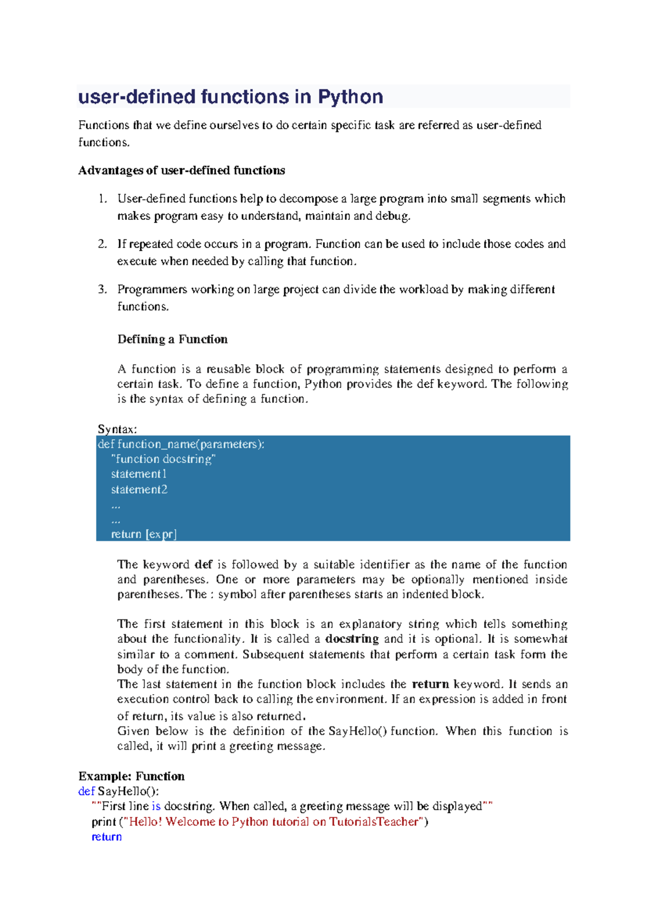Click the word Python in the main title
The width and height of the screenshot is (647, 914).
point(350,97)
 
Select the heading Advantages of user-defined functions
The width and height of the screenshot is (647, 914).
point(182,170)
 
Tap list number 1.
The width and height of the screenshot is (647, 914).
point(102,199)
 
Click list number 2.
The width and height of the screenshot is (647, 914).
point(102,244)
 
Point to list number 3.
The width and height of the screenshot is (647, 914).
point(102,289)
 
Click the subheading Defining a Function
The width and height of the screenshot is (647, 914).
point(173,340)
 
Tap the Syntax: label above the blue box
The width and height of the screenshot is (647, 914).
point(117,429)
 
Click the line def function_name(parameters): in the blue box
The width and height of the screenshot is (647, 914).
point(181,444)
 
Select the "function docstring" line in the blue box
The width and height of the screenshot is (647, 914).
point(163,459)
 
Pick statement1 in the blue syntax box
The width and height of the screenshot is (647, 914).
point(139,474)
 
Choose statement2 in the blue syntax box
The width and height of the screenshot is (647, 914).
point(139,489)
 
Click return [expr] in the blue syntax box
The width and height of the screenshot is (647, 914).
point(143,534)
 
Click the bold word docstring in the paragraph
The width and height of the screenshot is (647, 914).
point(352,639)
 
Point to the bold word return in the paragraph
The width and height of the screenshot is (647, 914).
point(430,684)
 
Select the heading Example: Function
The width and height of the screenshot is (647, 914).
point(132,777)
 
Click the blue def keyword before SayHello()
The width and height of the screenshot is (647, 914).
point(86,792)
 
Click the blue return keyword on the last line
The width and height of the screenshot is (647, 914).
point(107,837)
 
